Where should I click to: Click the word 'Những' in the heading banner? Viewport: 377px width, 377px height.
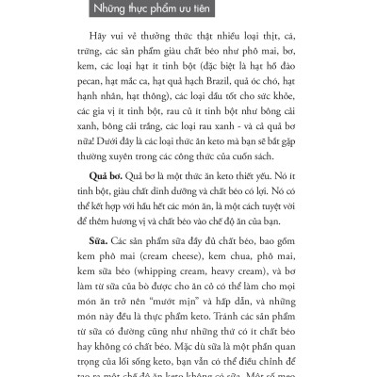coord(116,12)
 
